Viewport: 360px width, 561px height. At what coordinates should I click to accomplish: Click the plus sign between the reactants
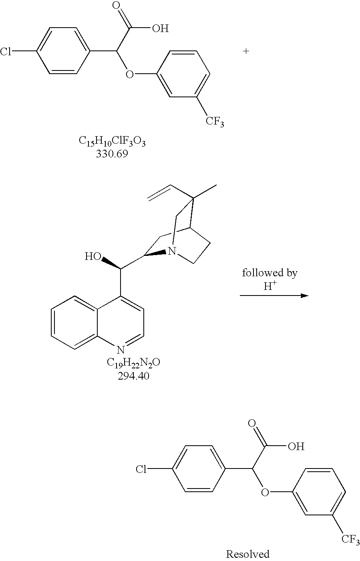[x=246, y=51]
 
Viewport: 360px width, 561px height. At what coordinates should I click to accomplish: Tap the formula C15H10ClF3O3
[x=112, y=141]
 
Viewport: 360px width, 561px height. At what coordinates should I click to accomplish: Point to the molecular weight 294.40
[x=133, y=376]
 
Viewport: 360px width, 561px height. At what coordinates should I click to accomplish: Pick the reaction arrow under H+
[x=274, y=296]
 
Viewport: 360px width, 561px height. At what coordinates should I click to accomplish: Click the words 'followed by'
[x=269, y=273]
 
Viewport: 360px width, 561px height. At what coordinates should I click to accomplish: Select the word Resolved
[x=247, y=554]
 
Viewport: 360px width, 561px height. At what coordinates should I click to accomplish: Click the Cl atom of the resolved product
[x=141, y=469]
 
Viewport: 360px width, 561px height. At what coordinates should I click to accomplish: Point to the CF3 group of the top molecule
[x=215, y=121]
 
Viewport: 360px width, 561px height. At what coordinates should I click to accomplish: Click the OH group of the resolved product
[x=296, y=446]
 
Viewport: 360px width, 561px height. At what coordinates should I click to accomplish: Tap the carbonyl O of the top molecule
[x=117, y=6]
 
